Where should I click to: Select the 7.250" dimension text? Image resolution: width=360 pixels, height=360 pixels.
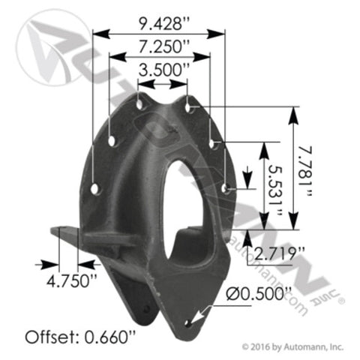[x=164, y=46]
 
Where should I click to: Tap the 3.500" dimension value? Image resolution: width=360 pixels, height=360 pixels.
[x=164, y=70]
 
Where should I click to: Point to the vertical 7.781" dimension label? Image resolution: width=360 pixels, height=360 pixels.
[x=305, y=171]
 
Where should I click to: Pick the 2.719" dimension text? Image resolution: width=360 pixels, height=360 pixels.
[x=280, y=253]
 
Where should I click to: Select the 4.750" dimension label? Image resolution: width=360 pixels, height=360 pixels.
[x=72, y=280]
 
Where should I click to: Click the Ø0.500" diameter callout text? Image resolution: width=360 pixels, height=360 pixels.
[x=259, y=294]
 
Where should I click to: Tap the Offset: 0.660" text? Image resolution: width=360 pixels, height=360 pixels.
[x=80, y=337]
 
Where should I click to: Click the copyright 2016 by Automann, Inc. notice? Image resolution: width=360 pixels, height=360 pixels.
[x=292, y=346]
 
